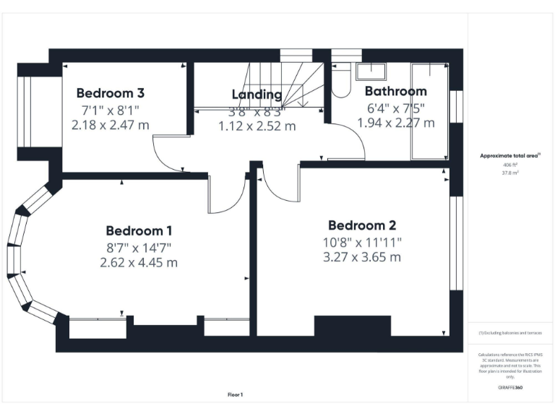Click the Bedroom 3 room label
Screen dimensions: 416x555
click(x=111, y=92)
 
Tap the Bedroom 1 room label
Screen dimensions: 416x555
click(x=139, y=231)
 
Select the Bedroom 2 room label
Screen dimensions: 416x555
click(x=361, y=225)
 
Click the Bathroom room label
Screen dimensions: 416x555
click(x=395, y=91)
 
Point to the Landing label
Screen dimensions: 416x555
click(x=257, y=95)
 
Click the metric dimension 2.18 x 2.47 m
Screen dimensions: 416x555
click(x=111, y=125)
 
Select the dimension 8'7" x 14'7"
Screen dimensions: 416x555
click(x=139, y=247)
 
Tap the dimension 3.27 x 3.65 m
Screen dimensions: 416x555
click(x=361, y=256)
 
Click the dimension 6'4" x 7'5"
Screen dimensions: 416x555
click(x=395, y=108)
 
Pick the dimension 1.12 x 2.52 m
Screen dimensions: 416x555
click(x=257, y=126)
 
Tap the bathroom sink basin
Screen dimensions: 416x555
click(x=373, y=70)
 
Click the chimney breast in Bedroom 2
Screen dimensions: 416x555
click(x=352, y=326)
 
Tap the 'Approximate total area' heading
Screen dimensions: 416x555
click(x=510, y=155)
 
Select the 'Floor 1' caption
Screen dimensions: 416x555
click(x=235, y=394)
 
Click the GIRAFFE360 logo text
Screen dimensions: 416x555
click(x=510, y=388)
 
